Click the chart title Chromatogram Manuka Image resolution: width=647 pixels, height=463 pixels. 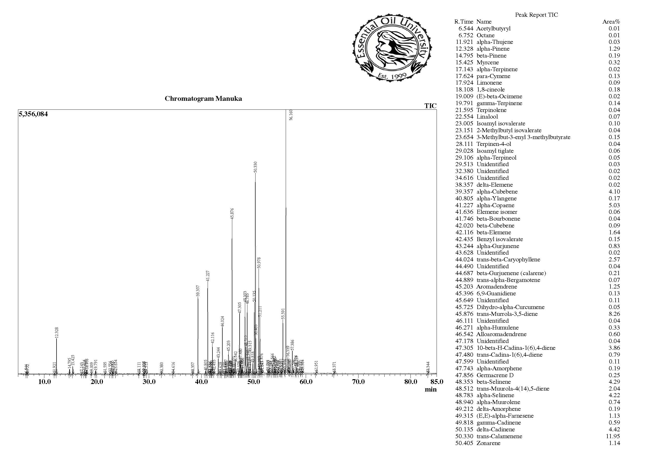pos(203,99)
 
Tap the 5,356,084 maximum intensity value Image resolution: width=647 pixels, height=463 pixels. pos(33,114)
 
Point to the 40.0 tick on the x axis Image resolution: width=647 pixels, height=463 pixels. pos(201,382)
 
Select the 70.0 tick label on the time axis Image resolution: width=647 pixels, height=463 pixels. pos(358,382)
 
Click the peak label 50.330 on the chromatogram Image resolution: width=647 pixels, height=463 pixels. pos(256,167)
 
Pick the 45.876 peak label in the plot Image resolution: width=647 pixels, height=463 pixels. pos(232,214)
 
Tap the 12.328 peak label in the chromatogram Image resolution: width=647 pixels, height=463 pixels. pos(57,333)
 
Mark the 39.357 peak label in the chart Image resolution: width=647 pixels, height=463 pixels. pos(198,291)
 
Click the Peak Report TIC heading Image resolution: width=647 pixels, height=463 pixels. pos(536,15)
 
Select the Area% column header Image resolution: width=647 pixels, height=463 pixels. pos(611,22)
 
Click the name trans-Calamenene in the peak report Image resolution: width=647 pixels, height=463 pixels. pos(499,436)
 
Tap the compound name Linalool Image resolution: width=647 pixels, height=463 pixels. pos(487,117)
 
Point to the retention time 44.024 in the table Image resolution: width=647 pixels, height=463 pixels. pos(464,259)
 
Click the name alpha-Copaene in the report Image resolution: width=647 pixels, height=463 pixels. pos(495,205)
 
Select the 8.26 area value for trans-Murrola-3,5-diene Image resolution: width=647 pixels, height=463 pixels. pos(614,314)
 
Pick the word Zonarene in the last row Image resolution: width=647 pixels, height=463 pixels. pos(488,443)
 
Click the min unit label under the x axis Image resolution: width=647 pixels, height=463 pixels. pos(430,390)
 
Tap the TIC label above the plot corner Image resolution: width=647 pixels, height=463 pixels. pos(430,106)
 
